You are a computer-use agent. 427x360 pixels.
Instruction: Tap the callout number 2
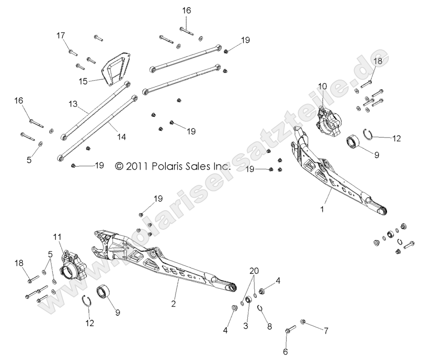(x=173, y=304)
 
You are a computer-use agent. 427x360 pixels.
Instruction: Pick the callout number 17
(x=60, y=35)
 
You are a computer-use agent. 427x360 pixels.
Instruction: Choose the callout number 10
(x=322, y=85)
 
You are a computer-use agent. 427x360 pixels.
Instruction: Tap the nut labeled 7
(x=303, y=321)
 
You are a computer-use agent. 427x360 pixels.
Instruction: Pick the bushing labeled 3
(x=248, y=308)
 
